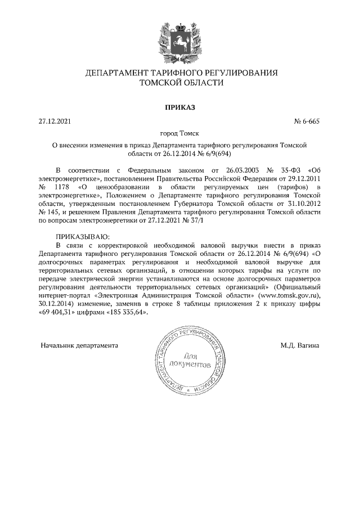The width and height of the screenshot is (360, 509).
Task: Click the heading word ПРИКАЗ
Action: [179, 106]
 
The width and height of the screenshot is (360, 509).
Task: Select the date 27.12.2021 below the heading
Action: [55, 120]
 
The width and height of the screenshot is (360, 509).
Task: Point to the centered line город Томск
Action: [179, 134]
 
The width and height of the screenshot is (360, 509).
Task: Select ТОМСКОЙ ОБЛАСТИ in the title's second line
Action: [179, 83]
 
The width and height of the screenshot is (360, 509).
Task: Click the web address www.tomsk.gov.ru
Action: [288, 294]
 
